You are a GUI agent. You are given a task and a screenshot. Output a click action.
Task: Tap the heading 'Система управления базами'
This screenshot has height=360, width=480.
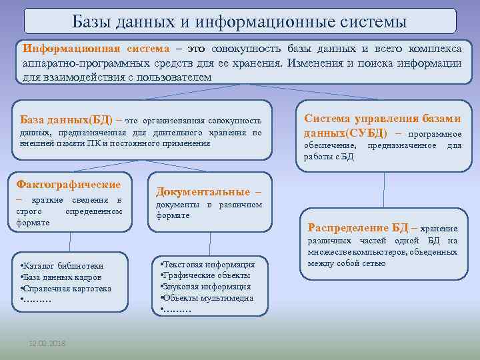click(382, 118)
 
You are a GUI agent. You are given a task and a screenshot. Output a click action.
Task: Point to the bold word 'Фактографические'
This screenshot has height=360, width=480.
click(68, 184)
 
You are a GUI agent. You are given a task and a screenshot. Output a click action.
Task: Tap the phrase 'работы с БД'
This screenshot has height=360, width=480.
click(329, 157)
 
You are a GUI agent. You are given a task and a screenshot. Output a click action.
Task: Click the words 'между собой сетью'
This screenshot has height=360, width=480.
click(347, 263)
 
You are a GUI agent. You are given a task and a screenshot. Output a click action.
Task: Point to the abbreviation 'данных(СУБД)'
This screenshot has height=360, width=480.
click(345, 133)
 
